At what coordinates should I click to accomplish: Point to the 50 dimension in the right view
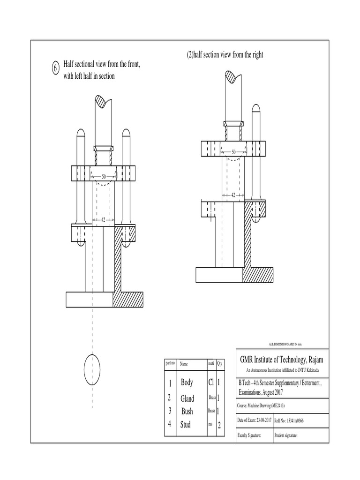tap(233, 152)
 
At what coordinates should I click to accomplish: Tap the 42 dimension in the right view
tap(233, 195)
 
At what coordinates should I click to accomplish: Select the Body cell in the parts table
tap(187, 383)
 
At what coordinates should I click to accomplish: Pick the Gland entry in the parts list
tap(187, 398)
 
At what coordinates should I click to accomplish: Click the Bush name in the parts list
tap(187, 412)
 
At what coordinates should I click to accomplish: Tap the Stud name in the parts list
tap(186, 425)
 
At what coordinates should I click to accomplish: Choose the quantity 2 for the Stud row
tap(219, 426)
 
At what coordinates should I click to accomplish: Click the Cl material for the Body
tap(211, 383)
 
